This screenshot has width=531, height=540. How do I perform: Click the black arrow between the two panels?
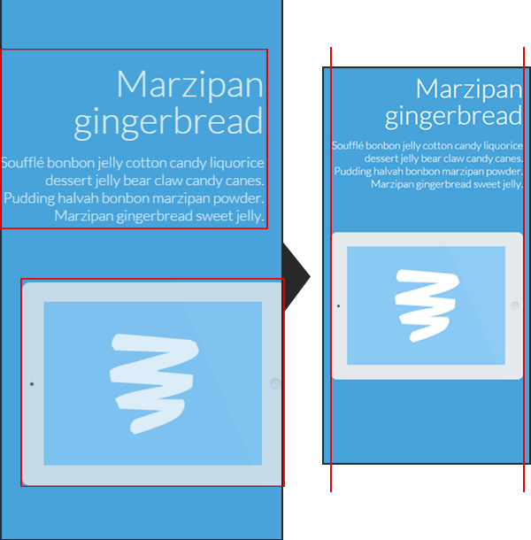(296, 276)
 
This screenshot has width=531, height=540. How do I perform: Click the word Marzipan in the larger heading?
(190, 85)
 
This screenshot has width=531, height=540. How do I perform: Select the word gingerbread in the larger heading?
(168, 122)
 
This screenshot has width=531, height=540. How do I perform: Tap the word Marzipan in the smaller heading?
(469, 89)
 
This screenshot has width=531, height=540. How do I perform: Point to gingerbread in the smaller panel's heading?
(453, 116)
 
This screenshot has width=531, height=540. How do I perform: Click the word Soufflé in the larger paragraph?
(23, 163)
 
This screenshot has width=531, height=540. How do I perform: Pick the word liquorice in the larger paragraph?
(237, 163)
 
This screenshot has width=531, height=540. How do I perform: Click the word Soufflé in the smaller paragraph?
(348, 146)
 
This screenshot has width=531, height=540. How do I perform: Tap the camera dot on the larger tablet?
(32, 383)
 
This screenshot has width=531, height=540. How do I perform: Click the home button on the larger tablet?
(275, 383)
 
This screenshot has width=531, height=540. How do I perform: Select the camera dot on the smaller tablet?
(338, 305)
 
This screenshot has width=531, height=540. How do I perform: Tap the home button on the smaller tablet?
(515, 305)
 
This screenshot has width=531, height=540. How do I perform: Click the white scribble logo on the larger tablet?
(154, 383)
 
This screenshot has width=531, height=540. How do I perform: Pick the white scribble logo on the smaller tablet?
(427, 305)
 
